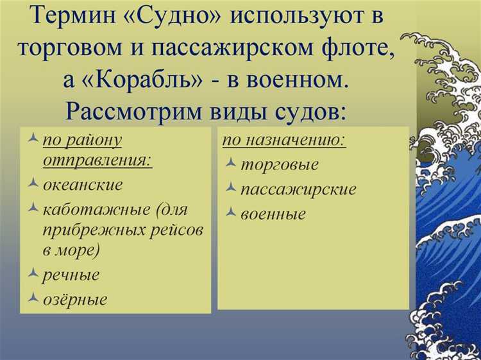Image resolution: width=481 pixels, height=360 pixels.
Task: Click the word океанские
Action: (83, 185)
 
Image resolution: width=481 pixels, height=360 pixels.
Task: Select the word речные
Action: (71, 275)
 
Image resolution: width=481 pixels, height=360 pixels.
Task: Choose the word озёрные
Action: (75, 299)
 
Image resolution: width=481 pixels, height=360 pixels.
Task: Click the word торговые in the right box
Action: (279, 164)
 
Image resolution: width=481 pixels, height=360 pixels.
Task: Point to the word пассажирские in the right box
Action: (298, 189)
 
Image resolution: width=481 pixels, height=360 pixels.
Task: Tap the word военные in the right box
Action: (273, 214)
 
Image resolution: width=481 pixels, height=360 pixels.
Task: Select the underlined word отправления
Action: (97, 160)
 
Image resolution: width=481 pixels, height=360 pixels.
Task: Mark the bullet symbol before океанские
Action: (33, 184)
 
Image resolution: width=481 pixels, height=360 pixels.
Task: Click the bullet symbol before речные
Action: (33, 274)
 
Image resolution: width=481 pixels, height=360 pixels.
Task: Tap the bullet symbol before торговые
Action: (231, 164)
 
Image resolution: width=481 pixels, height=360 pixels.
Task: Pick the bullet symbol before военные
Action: (231, 213)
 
